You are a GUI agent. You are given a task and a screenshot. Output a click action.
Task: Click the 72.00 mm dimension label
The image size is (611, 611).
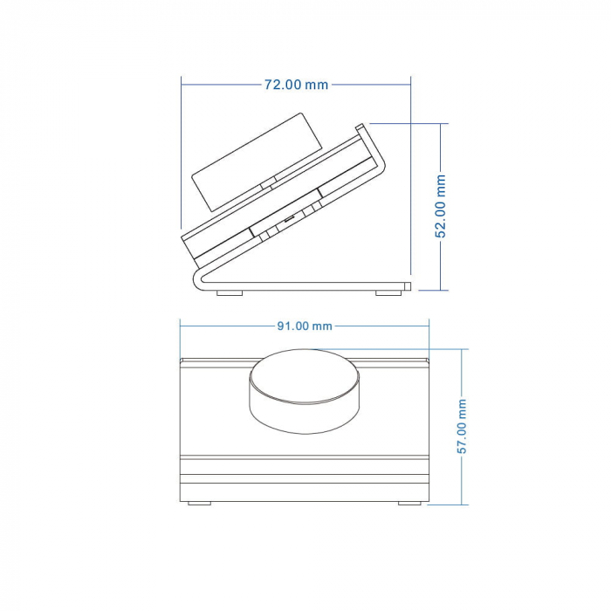coord(296,85)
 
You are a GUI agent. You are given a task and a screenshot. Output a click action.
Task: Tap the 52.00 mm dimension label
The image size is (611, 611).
coord(442,206)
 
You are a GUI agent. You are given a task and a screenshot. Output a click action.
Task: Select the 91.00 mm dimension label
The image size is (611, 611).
coord(305,326)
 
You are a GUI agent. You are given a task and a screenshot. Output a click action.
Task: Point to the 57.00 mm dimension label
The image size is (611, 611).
coord(463,427)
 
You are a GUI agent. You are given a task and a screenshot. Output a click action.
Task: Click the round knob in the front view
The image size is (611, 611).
coord(305,390)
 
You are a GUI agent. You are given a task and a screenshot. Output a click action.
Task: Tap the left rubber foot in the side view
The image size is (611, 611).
coord(230,292)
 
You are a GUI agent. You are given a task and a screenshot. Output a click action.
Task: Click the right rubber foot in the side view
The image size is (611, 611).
coord(388,292)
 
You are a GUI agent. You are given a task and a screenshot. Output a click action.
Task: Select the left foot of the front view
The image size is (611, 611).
coord(200,503)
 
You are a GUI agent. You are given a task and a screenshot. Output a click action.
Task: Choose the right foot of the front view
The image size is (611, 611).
coord(409,503)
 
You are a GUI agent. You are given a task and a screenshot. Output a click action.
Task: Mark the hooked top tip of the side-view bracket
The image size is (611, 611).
coord(360,127)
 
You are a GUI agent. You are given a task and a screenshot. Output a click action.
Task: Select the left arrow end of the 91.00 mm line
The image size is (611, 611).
coord(182,326)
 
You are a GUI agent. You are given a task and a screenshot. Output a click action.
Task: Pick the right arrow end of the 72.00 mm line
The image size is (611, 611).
coord(408,85)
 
